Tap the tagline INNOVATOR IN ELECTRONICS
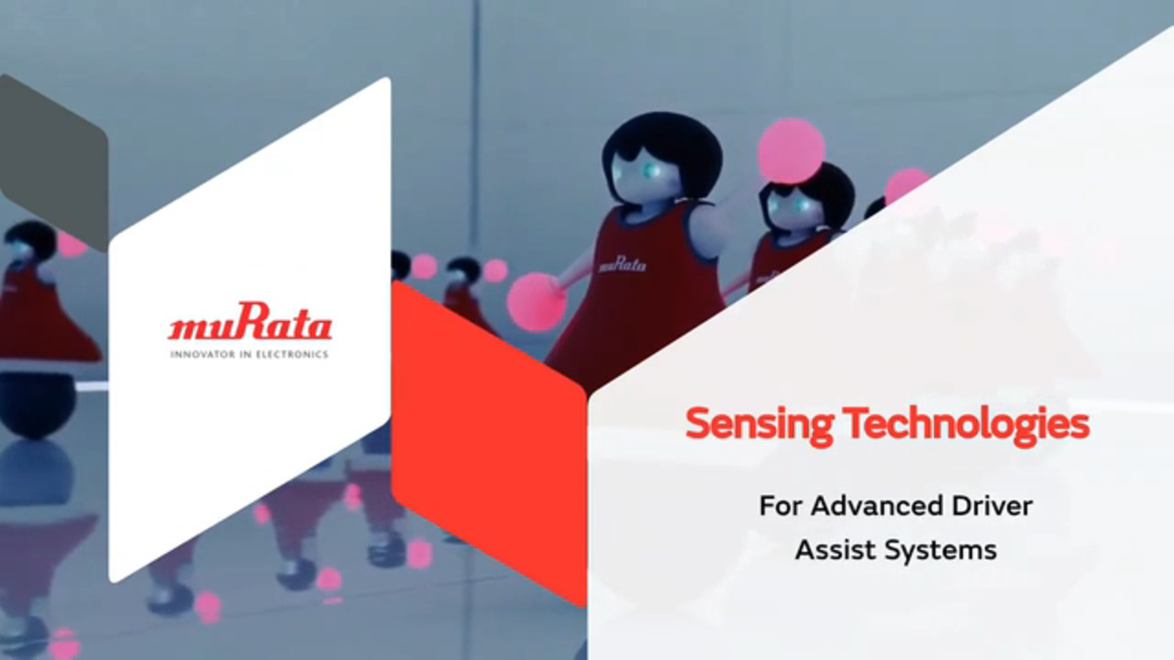point(249,354)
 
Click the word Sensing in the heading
point(759,424)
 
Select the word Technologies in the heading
point(966,423)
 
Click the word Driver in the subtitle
point(994,505)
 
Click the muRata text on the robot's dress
point(622,264)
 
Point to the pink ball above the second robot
point(791,150)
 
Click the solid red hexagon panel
point(486,440)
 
